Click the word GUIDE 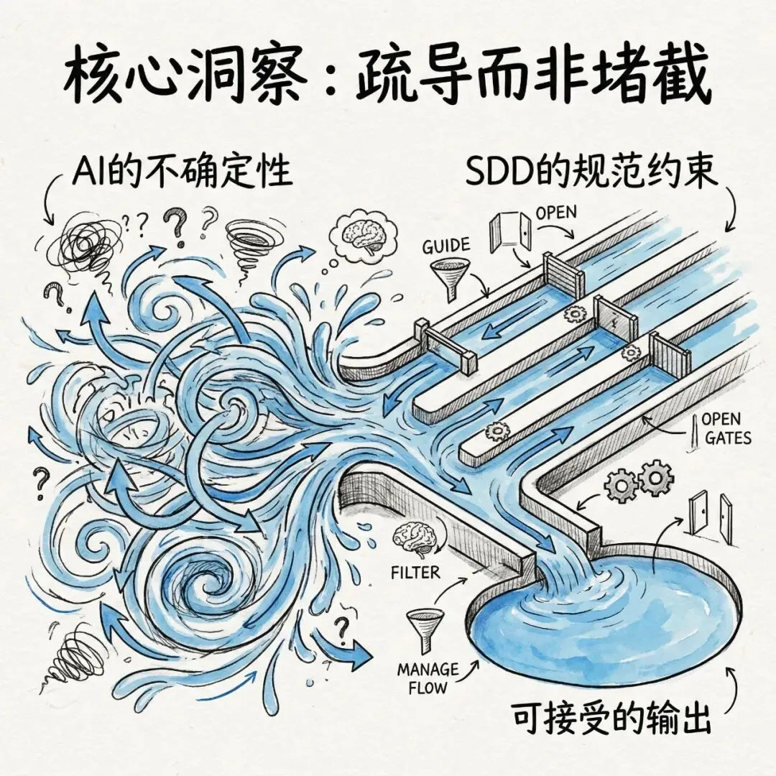point(447,245)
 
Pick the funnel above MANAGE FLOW point(420,625)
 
